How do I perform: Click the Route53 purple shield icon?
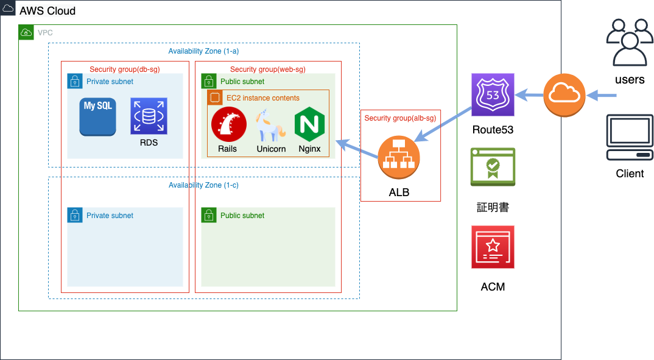click(x=493, y=94)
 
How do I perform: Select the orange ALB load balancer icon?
click(x=399, y=158)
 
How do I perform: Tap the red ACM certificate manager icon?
click(x=493, y=247)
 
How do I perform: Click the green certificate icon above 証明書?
click(x=493, y=166)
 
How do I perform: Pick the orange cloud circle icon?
click(x=564, y=94)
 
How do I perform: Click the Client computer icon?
click(x=629, y=138)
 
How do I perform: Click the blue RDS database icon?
click(x=149, y=116)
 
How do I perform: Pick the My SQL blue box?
click(x=97, y=116)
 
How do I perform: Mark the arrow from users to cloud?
click(x=602, y=95)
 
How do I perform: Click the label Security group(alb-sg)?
click(x=400, y=118)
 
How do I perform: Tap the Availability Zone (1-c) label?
click(x=203, y=185)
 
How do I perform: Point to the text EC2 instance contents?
click(x=262, y=98)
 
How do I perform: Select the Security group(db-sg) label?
click(x=124, y=69)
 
